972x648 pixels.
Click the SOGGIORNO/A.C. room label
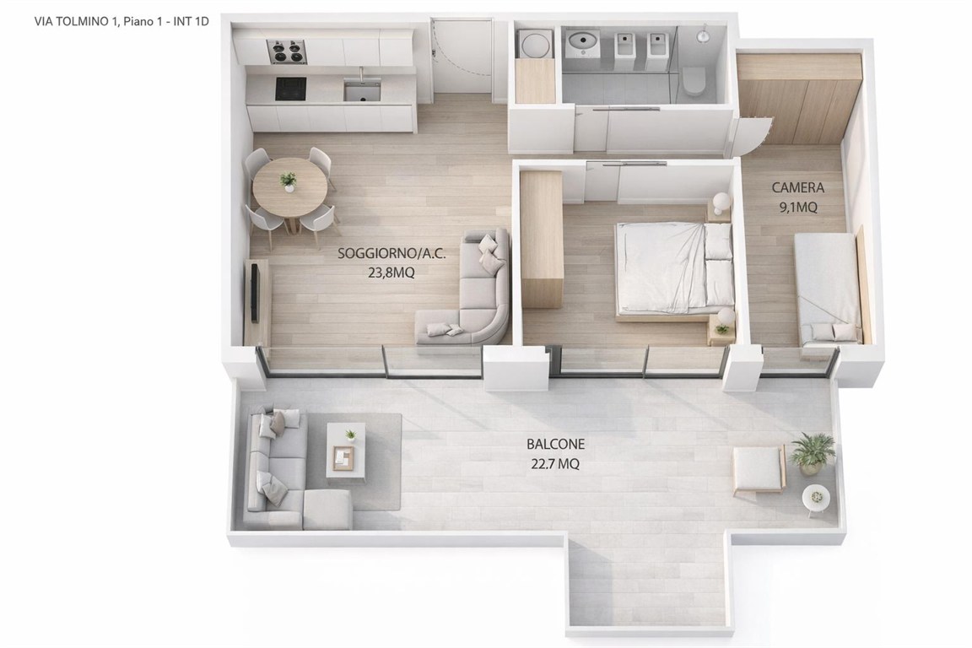[x=391, y=253]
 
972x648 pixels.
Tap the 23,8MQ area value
[x=391, y=273]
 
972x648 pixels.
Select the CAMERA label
[x=798, y=186]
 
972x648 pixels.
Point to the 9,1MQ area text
[x=798, y=207]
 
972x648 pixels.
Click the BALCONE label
[x=555, y=444]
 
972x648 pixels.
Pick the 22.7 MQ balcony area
[x=555, y=464]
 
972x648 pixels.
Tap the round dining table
[x=289, y=186]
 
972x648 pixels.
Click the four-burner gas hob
[x=286, y=51]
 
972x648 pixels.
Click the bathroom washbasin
[x=583, y=43]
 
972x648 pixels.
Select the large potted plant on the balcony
[x=812, y=452]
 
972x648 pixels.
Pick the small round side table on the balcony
[x=816, y=497]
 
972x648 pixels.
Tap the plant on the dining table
[x=289, y=181]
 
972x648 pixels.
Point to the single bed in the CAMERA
[x=827, y=289]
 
